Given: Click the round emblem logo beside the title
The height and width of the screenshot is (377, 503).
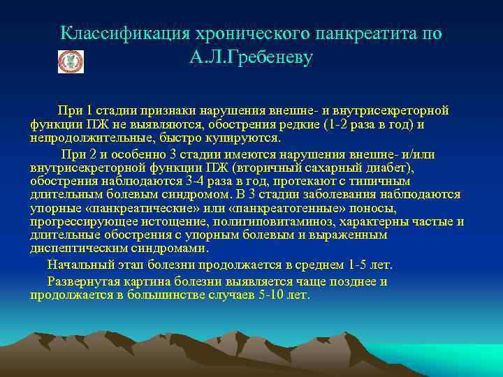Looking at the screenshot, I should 70,61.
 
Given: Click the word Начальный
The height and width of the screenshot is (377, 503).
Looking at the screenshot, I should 76,265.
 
